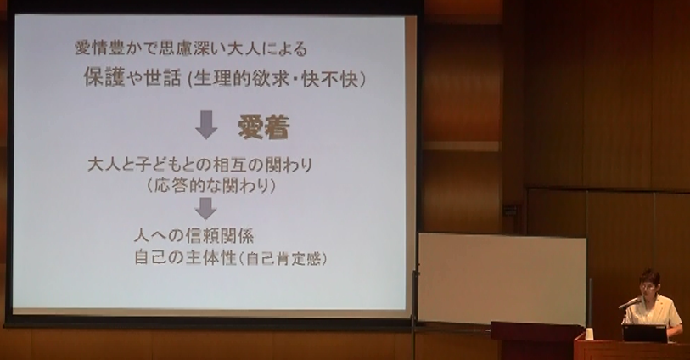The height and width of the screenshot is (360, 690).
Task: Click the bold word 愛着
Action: [x=264, y=127]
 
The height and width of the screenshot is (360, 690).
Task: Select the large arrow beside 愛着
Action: [x=206, y=125]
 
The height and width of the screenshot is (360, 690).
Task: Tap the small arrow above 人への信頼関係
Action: [x=205, y=208]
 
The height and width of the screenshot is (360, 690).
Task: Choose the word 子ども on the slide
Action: [x=159, y=165]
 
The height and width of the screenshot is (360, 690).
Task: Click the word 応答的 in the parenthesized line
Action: [x=177, y=186]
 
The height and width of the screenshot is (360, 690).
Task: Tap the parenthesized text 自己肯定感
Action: [x=283, y=259]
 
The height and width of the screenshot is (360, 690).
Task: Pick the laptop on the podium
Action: [x=645, y=333]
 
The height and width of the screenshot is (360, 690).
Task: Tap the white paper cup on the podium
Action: [x=589, y=334]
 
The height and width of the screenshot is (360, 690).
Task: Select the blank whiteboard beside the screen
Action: [x=502, y=278]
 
